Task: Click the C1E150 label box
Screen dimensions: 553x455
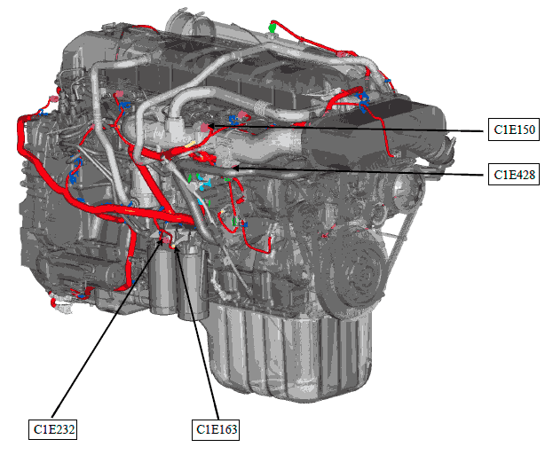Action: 513,129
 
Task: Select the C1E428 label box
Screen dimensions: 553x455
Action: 513,174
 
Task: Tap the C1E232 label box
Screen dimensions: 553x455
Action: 53,429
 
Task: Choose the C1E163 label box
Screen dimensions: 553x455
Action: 216,429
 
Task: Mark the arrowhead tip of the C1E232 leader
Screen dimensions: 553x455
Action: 163,239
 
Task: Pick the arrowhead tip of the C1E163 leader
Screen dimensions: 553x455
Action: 176,247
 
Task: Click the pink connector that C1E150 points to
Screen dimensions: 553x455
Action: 204,127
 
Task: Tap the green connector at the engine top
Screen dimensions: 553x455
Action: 272,27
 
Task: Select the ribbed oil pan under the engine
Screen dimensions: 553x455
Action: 289,352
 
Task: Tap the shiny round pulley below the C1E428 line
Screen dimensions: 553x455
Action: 402,191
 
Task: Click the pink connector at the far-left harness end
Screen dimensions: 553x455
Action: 54,99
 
